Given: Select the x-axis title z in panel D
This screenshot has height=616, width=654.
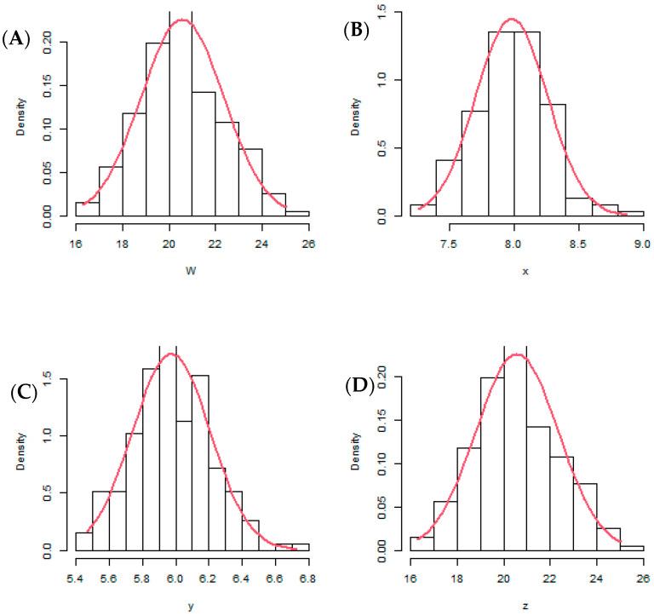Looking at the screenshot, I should [x=511, y=606].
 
